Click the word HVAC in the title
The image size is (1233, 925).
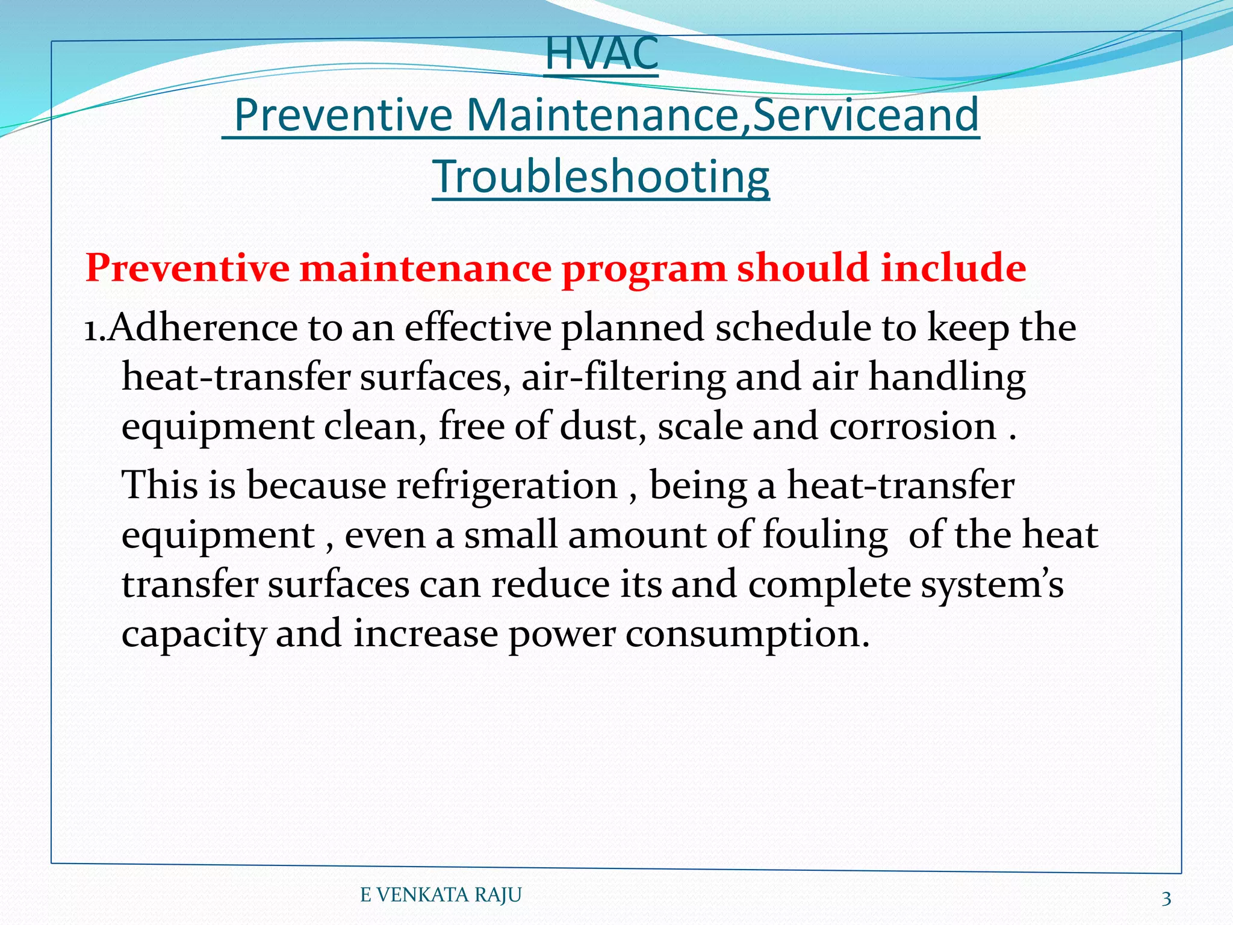coord(601,54)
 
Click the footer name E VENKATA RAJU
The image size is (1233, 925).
coord(441,895)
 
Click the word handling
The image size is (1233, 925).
coord(947,378)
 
